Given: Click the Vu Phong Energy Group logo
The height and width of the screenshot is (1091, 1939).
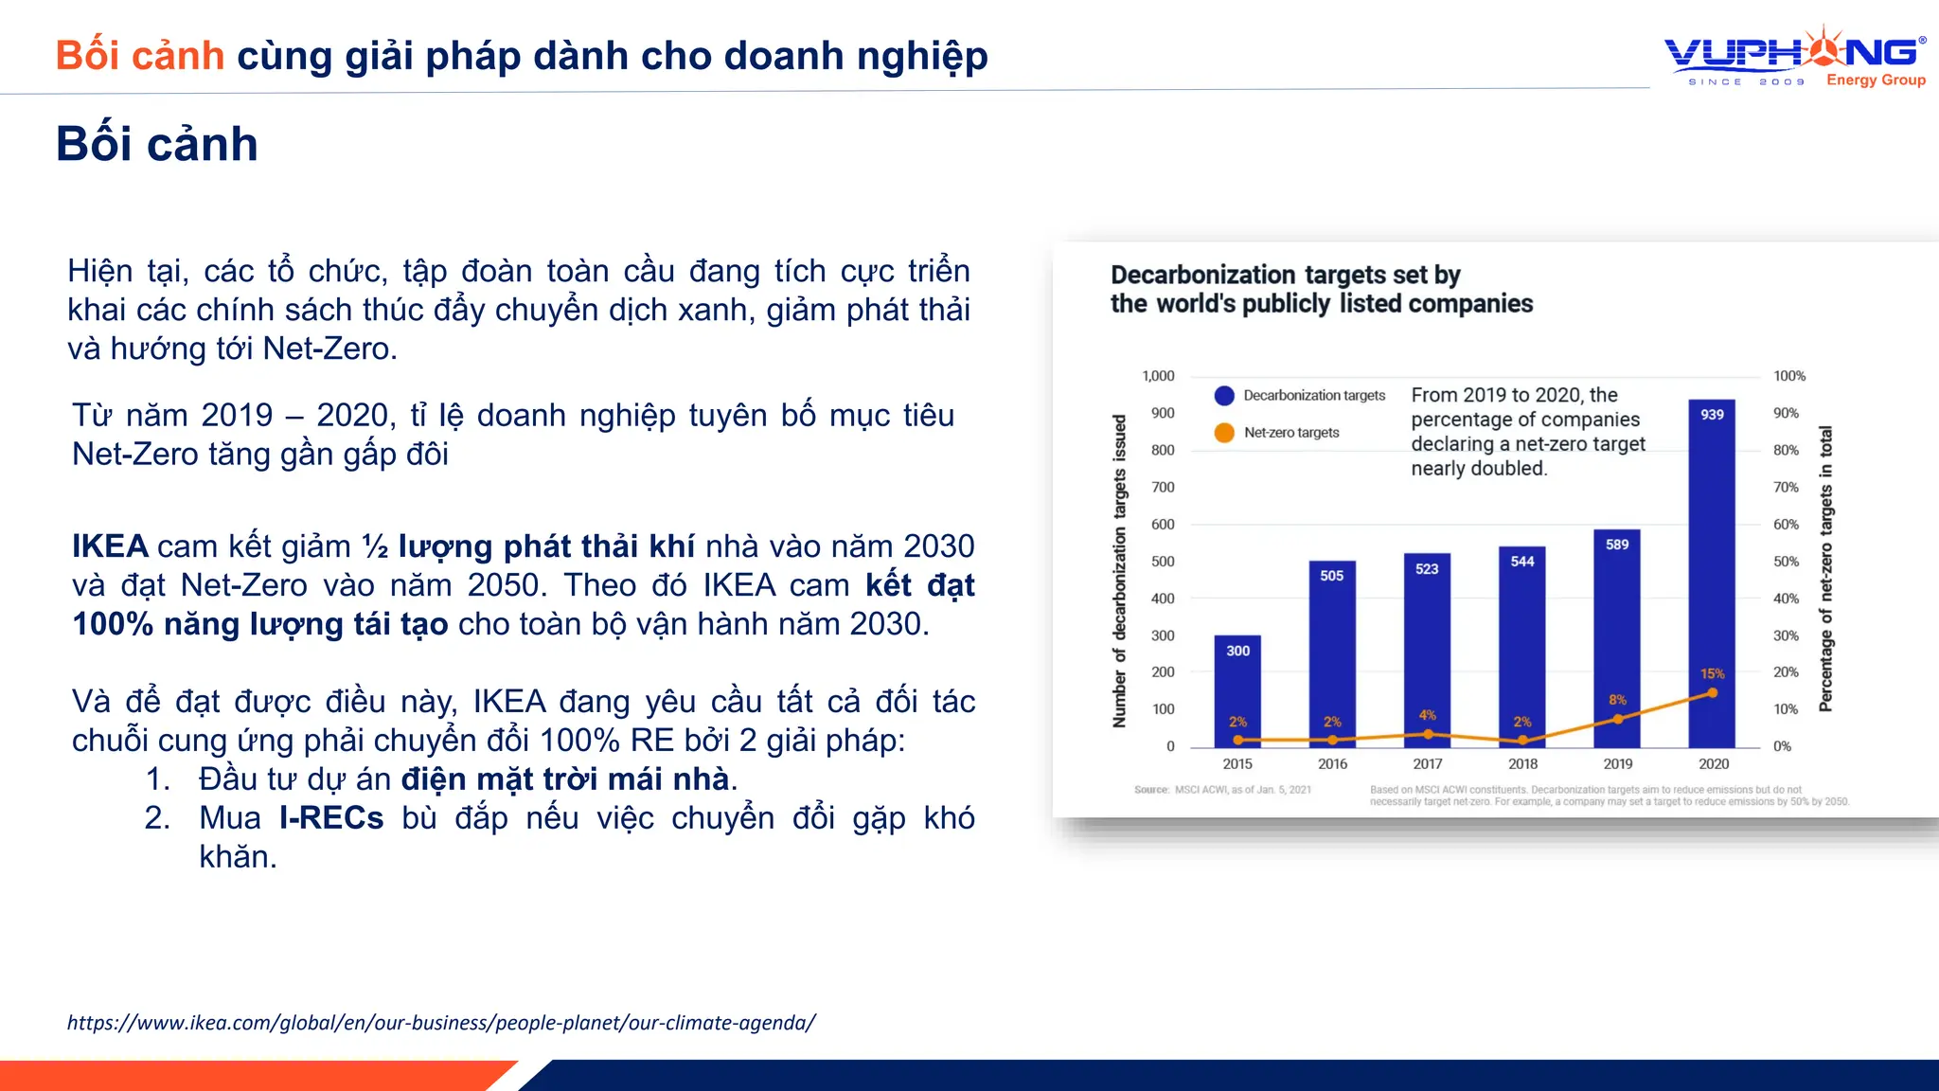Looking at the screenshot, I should point(1795,57).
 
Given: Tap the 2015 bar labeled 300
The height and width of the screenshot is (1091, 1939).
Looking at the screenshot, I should point(1237,691).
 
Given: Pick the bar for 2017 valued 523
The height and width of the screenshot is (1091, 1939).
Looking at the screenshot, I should point(1427,653).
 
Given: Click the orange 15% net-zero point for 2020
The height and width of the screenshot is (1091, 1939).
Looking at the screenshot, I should point(1713,693).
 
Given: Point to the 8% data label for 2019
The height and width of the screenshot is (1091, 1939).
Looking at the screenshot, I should point(1617,700).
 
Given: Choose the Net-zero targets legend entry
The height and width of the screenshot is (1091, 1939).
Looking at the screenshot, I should point(1277,432).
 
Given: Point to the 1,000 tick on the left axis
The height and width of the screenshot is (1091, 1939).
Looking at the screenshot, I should point(1158,376).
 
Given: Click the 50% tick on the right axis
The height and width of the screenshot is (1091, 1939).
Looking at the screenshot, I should point(1786,561).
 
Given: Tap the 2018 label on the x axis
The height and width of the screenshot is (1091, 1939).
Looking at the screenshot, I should point(1522,763).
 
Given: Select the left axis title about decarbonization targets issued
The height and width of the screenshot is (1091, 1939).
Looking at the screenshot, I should point(1119,570).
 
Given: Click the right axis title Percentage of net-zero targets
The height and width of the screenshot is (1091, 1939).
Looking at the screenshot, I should point(1826,568).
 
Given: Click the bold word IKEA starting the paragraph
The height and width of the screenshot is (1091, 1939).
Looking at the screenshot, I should point(110,546).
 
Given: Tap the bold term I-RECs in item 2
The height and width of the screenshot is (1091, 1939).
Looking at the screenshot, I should point(331,817).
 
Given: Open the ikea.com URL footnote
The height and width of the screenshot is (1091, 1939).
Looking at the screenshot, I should point(441,1023).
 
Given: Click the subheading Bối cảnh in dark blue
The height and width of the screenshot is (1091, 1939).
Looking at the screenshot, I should point(156,144).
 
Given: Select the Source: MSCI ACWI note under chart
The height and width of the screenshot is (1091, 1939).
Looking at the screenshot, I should point(1222,790).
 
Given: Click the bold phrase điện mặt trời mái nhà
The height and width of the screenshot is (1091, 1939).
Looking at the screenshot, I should point(565,778).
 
